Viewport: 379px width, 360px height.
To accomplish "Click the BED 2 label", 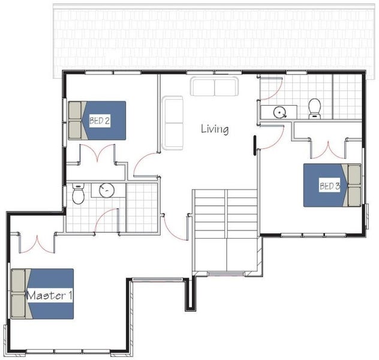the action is [x=100, y=121].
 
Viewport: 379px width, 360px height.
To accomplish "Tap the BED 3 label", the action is [x=329, y=185].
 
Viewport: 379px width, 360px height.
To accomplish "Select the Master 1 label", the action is [x=49, y=295].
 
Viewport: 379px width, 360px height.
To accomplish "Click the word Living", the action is [x=215, y=129].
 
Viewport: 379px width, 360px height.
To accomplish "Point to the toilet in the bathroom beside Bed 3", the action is [x=315, y=109].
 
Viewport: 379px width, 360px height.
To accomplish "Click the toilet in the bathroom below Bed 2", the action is [x=79, y=193].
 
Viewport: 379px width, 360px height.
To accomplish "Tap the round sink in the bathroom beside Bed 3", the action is [x=280, y=112].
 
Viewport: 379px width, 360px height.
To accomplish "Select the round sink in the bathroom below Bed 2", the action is [x=107, y=190].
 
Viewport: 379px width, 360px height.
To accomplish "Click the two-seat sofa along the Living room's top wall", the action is [x=215, y=86].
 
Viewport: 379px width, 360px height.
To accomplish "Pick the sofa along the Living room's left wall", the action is [x=173, y=123].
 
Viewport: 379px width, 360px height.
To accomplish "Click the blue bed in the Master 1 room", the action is [x=43, y=294].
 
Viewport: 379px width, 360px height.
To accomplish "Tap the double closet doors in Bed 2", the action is [x=97, y=153].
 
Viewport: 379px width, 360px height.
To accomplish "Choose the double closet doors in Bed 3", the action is [x=328, y=151].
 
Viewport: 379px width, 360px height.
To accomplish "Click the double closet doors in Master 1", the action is [x=37, y=244].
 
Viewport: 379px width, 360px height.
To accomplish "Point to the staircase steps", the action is [x=225, y=230].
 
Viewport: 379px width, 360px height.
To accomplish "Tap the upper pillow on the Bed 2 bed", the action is [x=75, y=110].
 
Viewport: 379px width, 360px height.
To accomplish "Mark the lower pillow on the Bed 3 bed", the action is [x=354, y=196].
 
